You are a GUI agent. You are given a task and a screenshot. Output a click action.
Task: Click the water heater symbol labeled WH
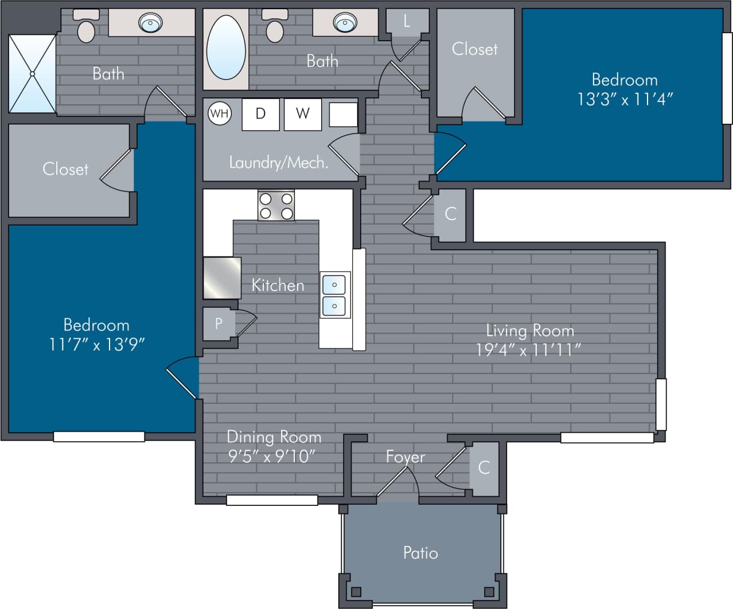(219, 113)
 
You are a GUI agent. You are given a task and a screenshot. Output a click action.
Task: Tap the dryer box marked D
(260, 113)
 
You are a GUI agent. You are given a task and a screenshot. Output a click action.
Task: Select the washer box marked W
(302, 113)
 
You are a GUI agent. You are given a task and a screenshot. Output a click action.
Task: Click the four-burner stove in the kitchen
(276, 206)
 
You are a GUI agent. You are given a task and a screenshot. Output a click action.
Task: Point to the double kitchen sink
(334, 294)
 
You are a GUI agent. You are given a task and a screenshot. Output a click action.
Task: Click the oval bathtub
(226, 48)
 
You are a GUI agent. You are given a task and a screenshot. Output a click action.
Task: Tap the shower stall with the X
(32, 74)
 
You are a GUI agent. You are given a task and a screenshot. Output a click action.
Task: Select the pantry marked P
(219, 324)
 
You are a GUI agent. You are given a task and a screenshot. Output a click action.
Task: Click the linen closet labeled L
(407, 22)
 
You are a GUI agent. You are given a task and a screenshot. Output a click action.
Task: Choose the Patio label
(420, 553)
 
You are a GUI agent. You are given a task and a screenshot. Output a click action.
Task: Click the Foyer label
(406, 457)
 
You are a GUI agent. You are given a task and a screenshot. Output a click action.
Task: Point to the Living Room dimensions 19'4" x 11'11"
(528, 349)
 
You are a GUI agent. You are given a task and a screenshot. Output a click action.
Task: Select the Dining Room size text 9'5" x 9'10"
(272, 456)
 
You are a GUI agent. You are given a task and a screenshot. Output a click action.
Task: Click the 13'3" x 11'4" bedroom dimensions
(625, 99)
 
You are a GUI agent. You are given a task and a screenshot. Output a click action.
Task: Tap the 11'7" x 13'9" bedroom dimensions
(96, 344)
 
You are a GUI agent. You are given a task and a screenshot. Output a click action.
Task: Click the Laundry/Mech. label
(279, 163)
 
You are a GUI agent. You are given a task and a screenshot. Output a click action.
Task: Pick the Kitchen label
(278, 285)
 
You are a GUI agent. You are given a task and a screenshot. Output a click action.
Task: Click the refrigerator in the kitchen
(222, 278)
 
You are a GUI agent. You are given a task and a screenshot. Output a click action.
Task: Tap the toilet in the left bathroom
(86, 27)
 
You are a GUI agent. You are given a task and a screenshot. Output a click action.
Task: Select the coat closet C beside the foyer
(484, 467)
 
